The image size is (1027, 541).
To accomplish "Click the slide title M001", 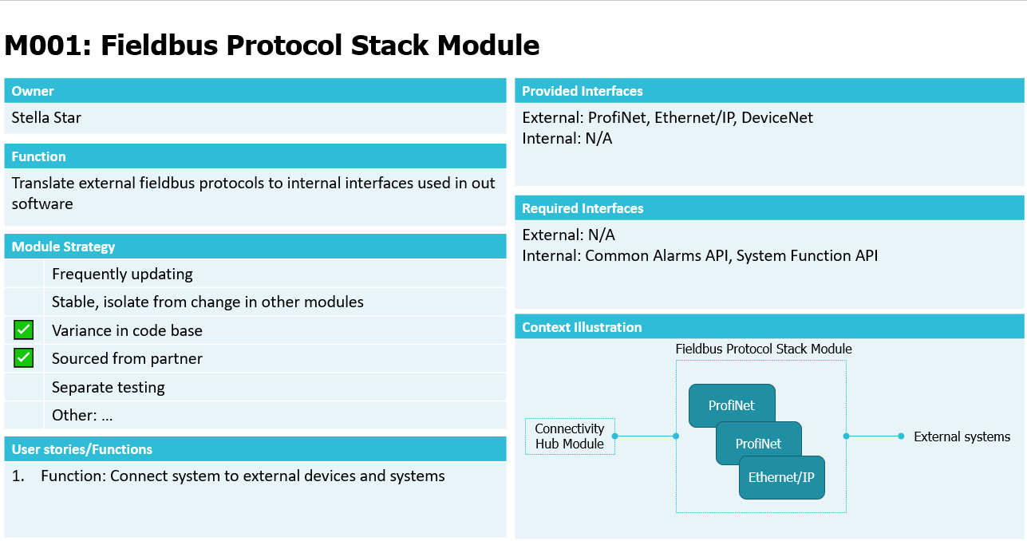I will (272, 45).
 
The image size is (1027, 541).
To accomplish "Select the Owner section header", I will (33, 91).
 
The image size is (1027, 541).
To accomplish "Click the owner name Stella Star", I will (46, 117).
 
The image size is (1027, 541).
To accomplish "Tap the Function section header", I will (38, 156).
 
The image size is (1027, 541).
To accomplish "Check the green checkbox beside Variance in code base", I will (23, 330).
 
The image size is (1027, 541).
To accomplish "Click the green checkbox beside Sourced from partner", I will (23, 358).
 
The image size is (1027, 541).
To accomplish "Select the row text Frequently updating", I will (122, 274).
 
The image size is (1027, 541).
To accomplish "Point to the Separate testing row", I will (108, 387).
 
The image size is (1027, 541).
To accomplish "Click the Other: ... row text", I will (82, 415).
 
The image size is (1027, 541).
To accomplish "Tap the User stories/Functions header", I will (81, 449).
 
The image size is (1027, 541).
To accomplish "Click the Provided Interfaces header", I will (582, 91).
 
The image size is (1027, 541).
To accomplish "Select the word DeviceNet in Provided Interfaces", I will (777, 117).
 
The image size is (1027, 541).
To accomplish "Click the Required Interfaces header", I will (583, 208).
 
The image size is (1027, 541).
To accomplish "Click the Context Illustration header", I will (581, 327).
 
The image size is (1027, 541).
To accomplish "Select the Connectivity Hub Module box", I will (570, 436).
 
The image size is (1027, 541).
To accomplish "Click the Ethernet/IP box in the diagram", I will (782, 478).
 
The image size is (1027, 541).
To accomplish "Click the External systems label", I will (962, 436).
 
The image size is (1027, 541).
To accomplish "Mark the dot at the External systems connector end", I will (901, 436).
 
